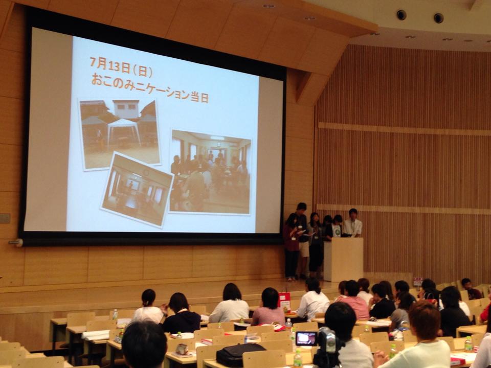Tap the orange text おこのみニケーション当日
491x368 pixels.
[150, 88]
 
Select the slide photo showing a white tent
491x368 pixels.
[120, 134]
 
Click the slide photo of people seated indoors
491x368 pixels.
[210, 172]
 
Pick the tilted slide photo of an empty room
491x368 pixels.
[137, 190]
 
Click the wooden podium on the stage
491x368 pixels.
[343, 259]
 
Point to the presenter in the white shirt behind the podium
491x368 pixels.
[352, 223]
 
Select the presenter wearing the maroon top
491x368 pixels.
[292, 246]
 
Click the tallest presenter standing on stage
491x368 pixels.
[302, 239]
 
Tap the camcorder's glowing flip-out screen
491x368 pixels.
[306, 338]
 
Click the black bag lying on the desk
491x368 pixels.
[240, 355]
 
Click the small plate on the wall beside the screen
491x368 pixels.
[5, 218]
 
